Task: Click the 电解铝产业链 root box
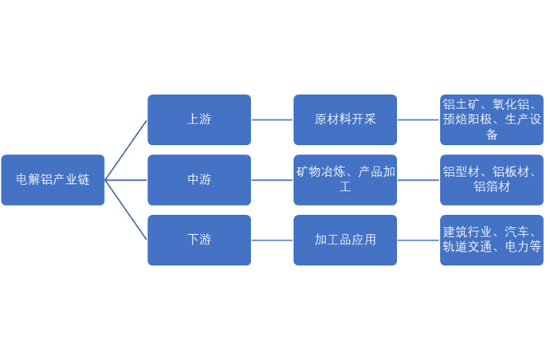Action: click(x=53, y=180)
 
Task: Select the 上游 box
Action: click(x=198, y=119)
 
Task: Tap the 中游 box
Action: click(x=198, y=180)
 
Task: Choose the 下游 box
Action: click(x=198, y=240)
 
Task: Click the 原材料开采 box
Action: click(x=344, y=119)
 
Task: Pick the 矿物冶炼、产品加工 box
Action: click(x=344, y=180)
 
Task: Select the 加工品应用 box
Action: click(x=344, y=240)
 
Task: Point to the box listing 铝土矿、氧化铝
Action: click(x=491, y=119)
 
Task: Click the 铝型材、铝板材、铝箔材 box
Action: click(x=491, y=180)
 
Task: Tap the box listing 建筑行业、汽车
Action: click(x=491, y=240)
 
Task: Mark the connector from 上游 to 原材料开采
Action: click(x=272, y=119)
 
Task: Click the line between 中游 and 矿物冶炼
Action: click(x=272, y=180)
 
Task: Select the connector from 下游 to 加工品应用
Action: click(x=272, y=240)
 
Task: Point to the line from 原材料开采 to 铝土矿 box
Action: click(x=418, y=119)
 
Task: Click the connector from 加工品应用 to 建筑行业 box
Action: click(x=418, y=240)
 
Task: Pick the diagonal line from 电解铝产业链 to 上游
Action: click(x=126, y=150)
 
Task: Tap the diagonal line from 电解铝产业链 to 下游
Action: click(x=126, y=210)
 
